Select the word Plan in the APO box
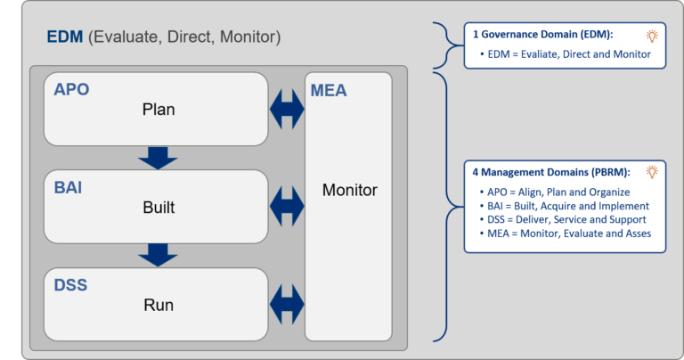pos(159,110)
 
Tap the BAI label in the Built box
pos(69,188)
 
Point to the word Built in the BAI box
pos(159,209)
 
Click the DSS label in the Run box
pos(70,285)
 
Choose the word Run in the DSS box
pos(159,306)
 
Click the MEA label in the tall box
pos(330,90)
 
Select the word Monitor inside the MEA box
pos(349,190)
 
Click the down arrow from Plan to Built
pos(159,158)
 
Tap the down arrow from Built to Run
pos(159,255)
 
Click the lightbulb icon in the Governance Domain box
pos(652,36)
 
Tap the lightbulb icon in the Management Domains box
pos(652,172)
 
